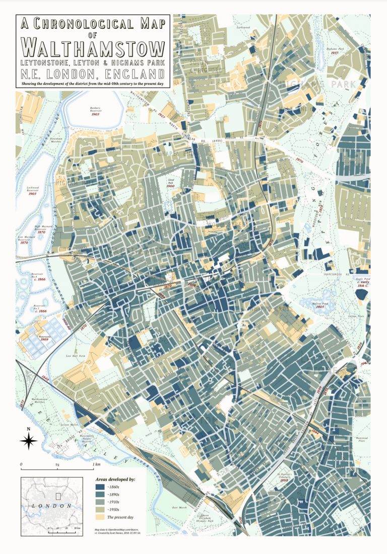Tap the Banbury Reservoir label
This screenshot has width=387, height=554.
click(96, 110)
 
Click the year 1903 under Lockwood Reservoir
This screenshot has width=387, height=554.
click(33, 194)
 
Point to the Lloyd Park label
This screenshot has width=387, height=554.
click(170, 181)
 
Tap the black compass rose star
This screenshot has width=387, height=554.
click(29, 441)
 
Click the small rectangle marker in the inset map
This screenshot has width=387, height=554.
click(58, 496)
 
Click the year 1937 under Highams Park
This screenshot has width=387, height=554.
click(334, 53)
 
